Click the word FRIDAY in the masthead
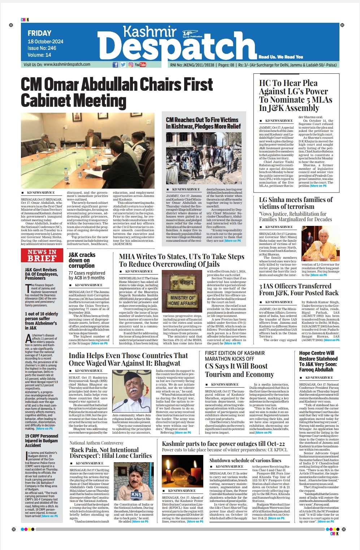pyautogui.click(x=39, y=33)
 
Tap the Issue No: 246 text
pyautogui.click(x=42, y=48)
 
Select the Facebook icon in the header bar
pyautogui.click(x=115, y=65)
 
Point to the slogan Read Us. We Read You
pyautogui.click(x=281, y=57)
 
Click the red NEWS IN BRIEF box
pyautogui.click(x=42, y=255)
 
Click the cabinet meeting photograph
pyautogui.click(x=87, y=150)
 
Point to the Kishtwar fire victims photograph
pyautogui.click(x=204, y=157)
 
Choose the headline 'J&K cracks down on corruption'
pyautogui.click(x=82, y=260)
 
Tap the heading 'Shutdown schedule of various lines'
pyautogui.click(x=245, y=460)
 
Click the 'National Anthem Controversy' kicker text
pyautogui.click(x=96, y=443)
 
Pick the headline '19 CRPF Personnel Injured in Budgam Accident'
pyautogui.click(x=42, y=441)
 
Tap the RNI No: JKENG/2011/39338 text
pyautogui.click(x=192, y=65)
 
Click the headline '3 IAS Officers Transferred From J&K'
pyautogui.click(x=299, y=289)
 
